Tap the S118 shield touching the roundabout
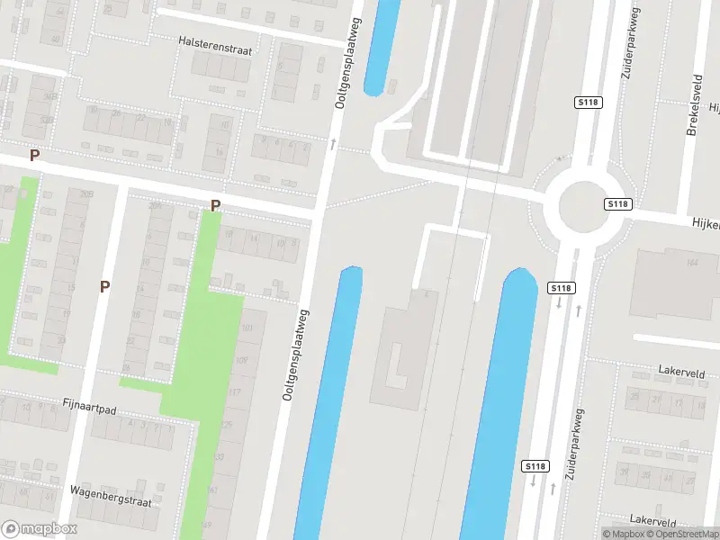[616, 204]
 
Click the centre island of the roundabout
[585, 206]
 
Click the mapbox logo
[39, 528]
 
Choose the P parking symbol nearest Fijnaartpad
[105, 287]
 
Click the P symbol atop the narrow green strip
[215, 206]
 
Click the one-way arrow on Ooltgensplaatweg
[333, 143]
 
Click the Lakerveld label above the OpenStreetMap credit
[653, 521]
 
